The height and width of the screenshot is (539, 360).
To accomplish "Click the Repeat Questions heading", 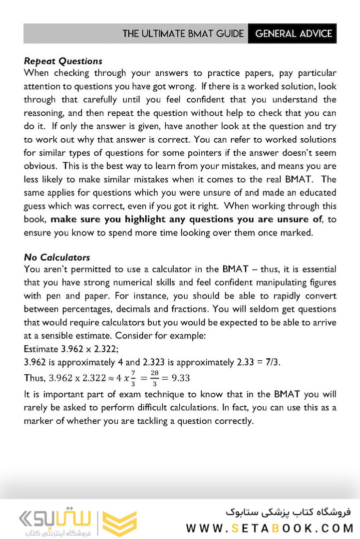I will (63, 61).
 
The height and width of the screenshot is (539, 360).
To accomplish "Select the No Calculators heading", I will (57, 258).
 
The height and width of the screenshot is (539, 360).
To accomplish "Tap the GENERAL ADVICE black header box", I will (293, 34).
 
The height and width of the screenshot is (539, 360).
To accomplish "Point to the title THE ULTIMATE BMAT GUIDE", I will (183, 34).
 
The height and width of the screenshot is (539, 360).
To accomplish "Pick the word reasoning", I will (44, 113).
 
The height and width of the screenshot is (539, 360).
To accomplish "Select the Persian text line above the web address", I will (288, 513).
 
